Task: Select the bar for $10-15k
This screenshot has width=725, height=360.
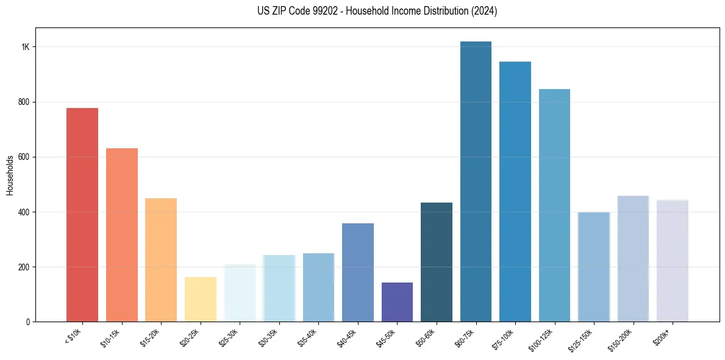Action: (121, 235)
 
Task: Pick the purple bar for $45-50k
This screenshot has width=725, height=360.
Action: (397, 302)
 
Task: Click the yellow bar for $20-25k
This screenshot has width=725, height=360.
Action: (200, 299)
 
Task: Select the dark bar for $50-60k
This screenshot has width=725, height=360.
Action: (437, 262)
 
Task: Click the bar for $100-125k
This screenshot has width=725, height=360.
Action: (554, 205)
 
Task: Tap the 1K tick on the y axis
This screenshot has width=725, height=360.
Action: (25, 47)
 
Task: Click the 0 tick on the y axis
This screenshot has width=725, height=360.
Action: (27, 322)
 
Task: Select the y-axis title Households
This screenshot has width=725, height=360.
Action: (10, 175)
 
